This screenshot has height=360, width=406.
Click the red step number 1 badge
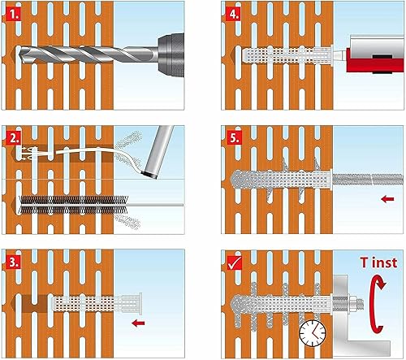13,15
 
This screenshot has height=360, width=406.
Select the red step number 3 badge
13,262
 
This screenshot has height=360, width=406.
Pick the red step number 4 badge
234,14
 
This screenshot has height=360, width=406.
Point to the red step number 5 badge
234,137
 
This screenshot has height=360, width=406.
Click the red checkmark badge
235,263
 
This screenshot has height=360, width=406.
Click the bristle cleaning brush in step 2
74,205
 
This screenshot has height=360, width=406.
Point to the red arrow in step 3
138,323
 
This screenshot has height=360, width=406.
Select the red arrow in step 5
387,199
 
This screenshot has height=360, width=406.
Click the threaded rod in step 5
368,180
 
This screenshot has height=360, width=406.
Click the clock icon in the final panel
313,333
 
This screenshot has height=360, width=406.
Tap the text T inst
378,262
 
